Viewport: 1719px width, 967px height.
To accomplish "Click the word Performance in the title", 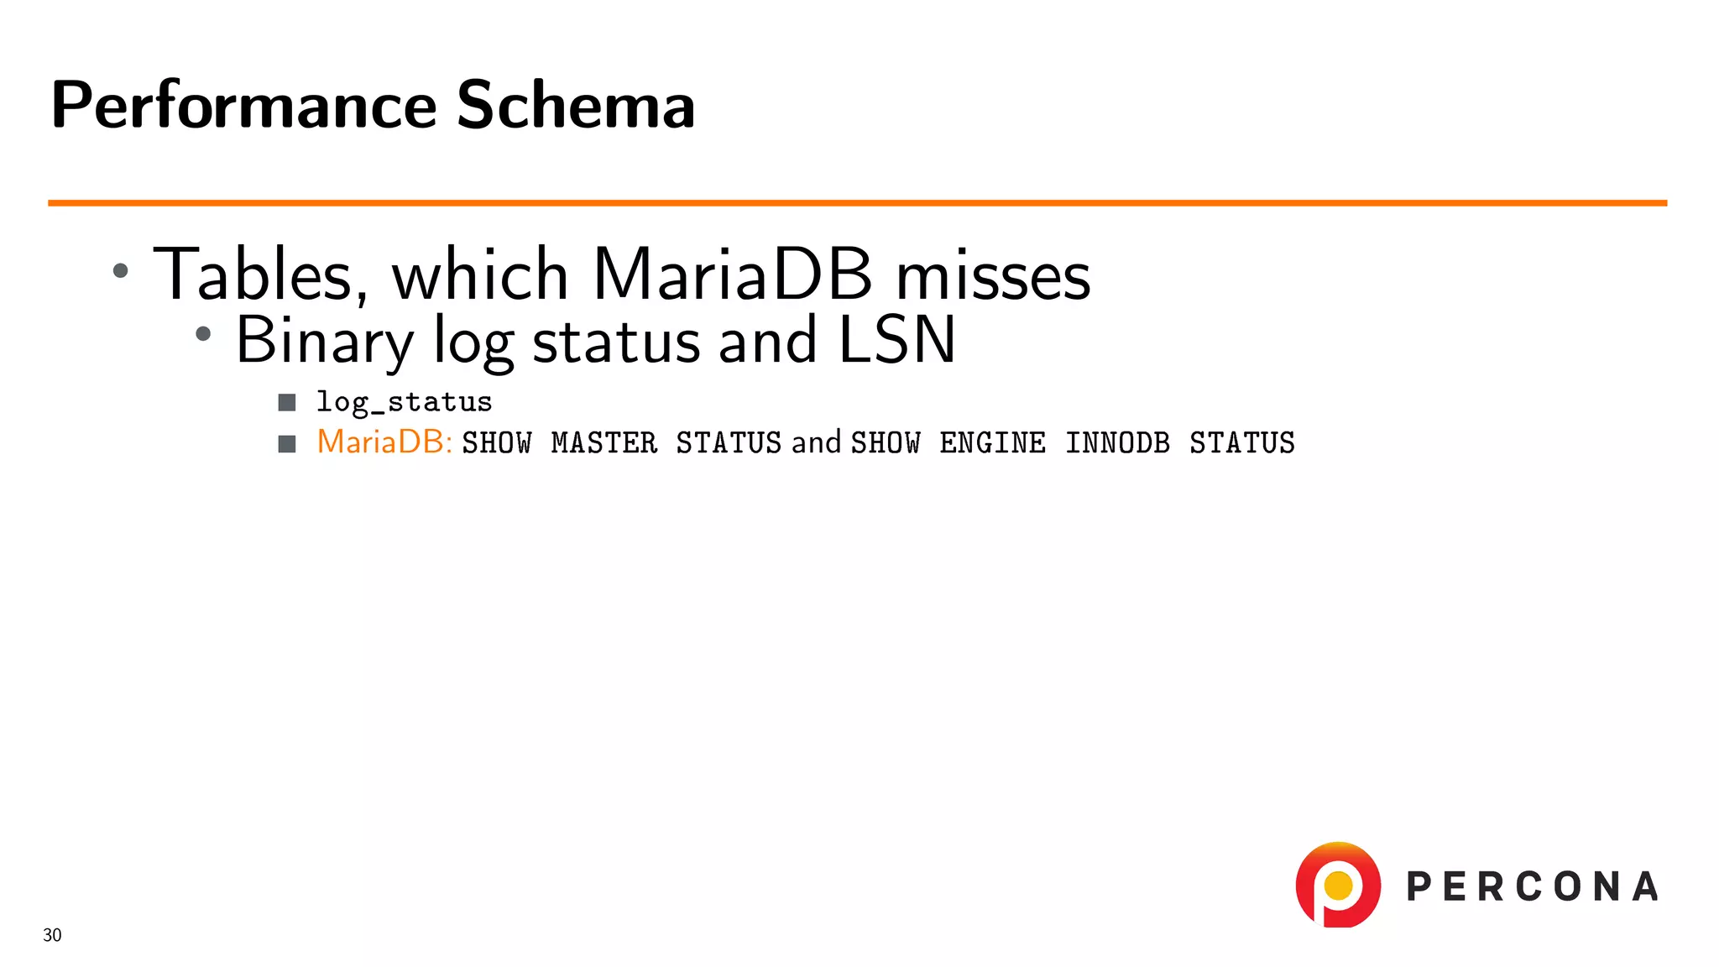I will click(243, 106).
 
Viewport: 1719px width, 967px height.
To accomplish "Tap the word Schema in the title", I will click(576, 106).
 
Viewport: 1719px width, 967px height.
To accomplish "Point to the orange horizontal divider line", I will click(856, 203).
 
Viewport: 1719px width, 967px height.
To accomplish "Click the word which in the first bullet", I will click(480, 275).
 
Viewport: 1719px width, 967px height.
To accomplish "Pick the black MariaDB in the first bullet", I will click(732, 275).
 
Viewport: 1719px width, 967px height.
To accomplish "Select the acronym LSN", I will click(896, 341).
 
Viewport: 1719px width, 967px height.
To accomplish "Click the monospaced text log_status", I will click(404, 403).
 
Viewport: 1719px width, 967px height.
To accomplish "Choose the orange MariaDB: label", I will click(384, 442).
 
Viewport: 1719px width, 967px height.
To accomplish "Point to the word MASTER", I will click(603, 443).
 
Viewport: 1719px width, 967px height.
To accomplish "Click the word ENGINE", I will click(992, 443).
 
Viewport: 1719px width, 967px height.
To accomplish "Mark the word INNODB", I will click(1117, 443).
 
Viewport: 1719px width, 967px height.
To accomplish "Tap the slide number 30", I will click(52, 935).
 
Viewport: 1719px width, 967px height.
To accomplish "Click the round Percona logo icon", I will click(1338, 886).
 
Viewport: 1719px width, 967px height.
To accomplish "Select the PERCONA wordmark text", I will click(1532, 887).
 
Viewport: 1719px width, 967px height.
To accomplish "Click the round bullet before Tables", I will click(121, 270).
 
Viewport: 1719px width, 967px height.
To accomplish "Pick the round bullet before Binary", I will click(203, 334).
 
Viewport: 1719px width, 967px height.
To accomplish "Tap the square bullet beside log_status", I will click(287, 403).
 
